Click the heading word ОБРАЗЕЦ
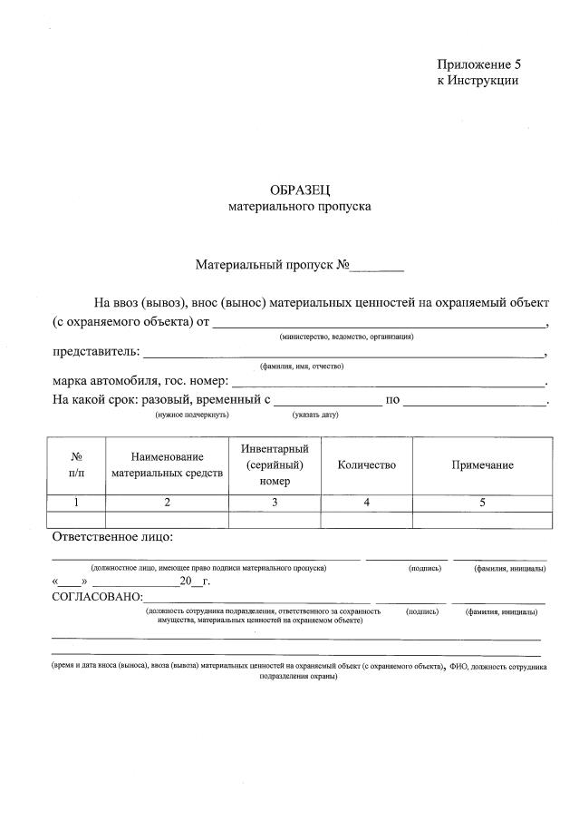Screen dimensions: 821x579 pyautogui.click(x=301, y=190)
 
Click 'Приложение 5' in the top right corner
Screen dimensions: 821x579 pyautogui.click(x=479, y=64)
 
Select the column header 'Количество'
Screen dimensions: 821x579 pyautogui.click(x=366, y=465)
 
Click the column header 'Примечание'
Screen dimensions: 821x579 pyautogui.click(x=482, y=465)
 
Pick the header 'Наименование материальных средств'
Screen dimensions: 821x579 pyautogui.click(x=167, y=465)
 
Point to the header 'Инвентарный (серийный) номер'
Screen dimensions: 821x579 pyautogui.click(x=275, y=465)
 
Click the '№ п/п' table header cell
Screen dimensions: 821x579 pyautogui.click(x=76, y=465)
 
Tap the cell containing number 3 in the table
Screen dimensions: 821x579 pyautogui.click(x=275, y=503)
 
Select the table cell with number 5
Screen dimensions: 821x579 pyautogui.click(x=482, y=503)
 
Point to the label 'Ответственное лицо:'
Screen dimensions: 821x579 pyautogui.click(x=112, y=537)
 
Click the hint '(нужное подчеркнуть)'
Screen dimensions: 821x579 pyautogui.click(x=191, y=415)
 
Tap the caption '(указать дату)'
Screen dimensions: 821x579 pyautogui.click(x=314, y=415)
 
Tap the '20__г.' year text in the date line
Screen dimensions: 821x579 pyautogui.click(x=195, y=582)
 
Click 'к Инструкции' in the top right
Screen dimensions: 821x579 pyautogui.click(x=478, y=80)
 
